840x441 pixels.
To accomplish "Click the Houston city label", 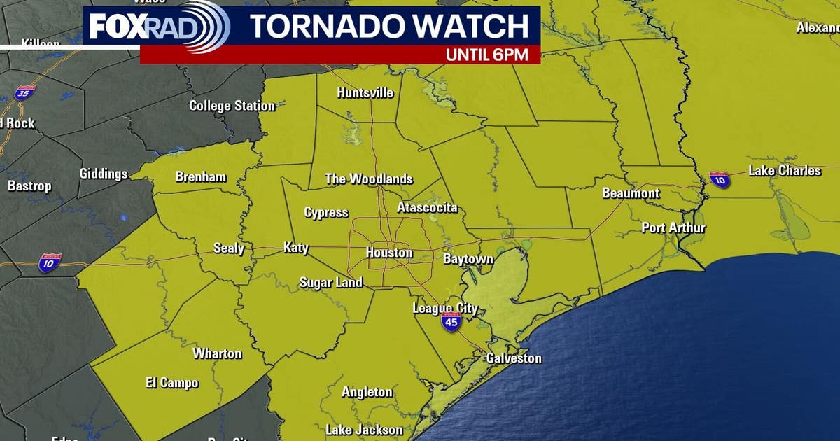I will [389, 253].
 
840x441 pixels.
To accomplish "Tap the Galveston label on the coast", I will [514, 358].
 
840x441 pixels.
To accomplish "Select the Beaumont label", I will [631, 193].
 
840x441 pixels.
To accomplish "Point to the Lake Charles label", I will [785, 171].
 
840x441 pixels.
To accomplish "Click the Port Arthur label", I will [674, 227].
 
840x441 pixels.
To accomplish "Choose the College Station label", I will [232, 106].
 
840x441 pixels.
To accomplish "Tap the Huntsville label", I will [365, 93].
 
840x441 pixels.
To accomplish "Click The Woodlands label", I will [369, 179].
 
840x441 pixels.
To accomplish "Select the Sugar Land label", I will [331, 283].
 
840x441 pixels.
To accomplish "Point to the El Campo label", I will [172, 383].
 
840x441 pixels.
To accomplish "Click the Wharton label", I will [218, 353].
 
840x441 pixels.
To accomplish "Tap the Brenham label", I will [201, 176].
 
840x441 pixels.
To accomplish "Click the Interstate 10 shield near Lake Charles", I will [719, 179].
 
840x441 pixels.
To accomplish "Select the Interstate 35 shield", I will [24, 92].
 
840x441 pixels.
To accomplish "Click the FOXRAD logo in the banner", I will [158, 27].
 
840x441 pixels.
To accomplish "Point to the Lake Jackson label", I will [364, 429].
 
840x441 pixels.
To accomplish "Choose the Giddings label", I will [104, 174].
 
